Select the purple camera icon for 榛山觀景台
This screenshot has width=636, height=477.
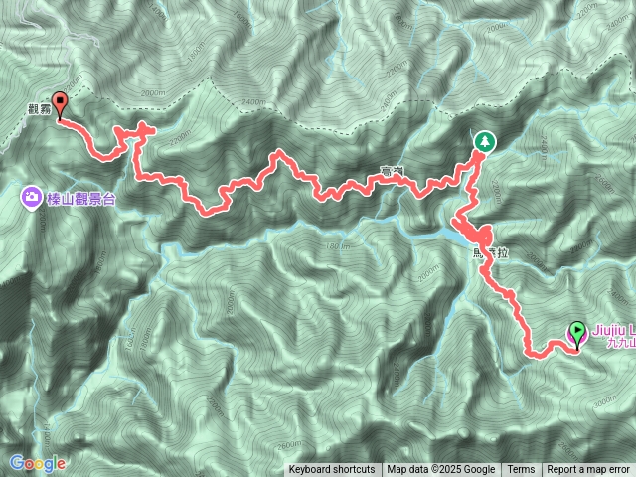[x=32, y=198]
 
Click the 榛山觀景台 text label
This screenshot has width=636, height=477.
[x=80, y=199]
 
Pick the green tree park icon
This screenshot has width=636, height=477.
[x=484, y=142]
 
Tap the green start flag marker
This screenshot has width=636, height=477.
[x=577, y=334]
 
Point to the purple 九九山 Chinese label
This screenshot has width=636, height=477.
[x=620, y=343]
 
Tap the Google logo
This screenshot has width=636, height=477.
[x=38, y=463]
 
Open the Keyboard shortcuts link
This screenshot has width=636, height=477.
[x=332, y=470]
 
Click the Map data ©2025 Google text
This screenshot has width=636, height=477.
[x=441, y=470]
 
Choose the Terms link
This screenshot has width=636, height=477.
[x=521, y=470]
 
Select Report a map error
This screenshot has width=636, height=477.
[x=590, y=470]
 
